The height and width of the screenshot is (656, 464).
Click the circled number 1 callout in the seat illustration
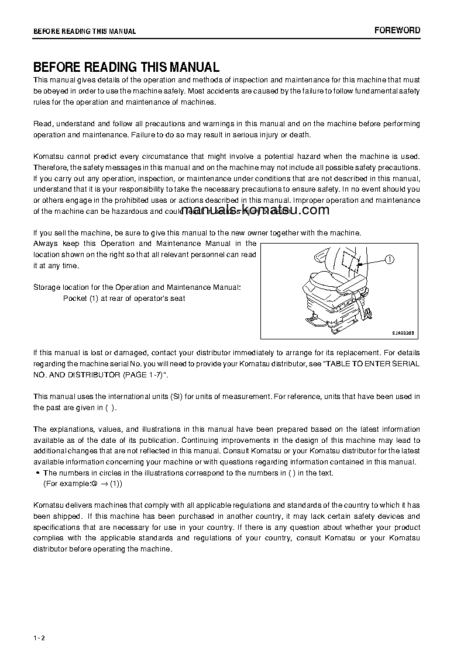(390, 259)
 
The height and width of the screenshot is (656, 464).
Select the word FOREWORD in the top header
(397, 30)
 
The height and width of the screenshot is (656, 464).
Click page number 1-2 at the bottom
(39, 637)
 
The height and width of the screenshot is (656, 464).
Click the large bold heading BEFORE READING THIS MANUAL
(126, 67)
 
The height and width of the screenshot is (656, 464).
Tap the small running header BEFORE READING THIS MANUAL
(84, 32)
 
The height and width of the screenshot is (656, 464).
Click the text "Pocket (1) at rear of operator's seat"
(124, 299)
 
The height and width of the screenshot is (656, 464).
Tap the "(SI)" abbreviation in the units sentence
(176, 397)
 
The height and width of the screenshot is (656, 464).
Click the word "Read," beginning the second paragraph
(44, 124)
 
